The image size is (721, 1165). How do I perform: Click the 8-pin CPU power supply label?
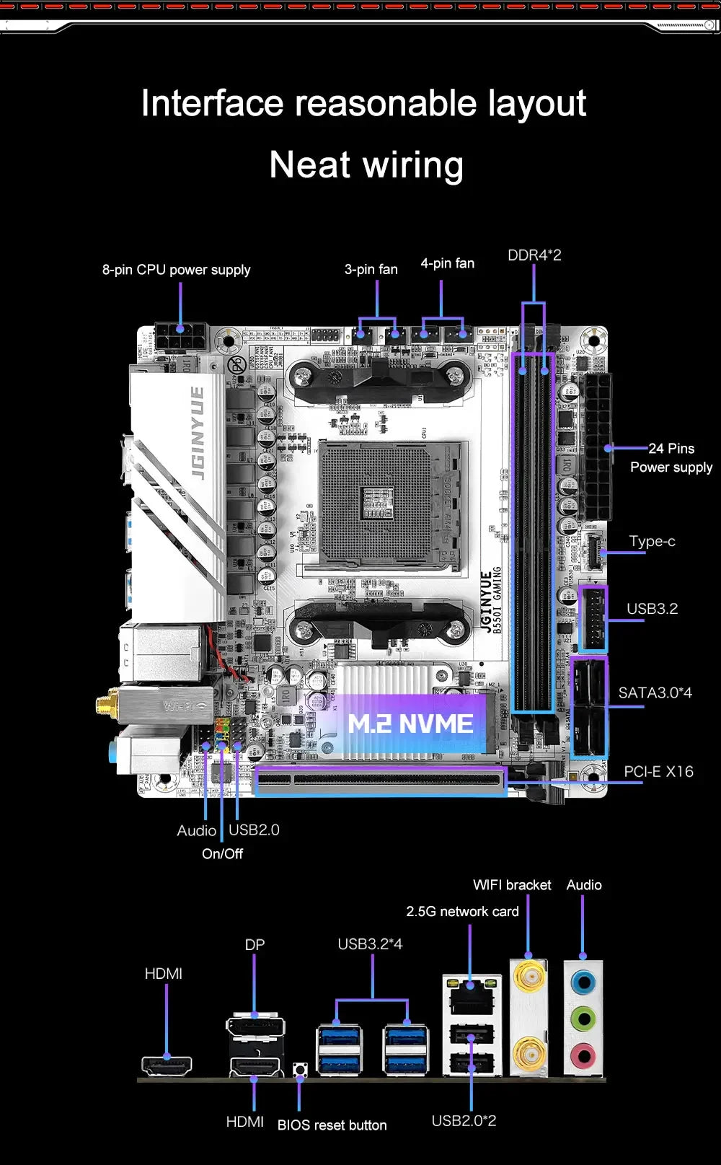(x=176, y=270)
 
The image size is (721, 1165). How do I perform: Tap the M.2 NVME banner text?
(x=410, y=724)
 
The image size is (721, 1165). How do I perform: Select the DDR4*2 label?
(x=534, y=255)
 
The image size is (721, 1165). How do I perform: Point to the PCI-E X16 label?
(x=658, y=772)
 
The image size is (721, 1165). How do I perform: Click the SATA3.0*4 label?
(x=655, y=693)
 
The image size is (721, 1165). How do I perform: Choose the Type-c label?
(x=652, y=541)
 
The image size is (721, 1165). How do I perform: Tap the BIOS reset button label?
(x=332, y=1125)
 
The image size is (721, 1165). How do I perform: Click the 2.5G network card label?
(x=462, y=912)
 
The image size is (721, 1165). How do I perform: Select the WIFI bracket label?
(x=512, y=885)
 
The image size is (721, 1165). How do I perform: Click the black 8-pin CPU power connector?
(x=180, y=338)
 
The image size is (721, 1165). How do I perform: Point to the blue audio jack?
(x=583, y=982)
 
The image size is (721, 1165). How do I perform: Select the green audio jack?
(x=583, y=1019)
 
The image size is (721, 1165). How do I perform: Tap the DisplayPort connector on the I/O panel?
(x=255, y=1027)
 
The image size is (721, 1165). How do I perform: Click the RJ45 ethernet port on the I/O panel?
(x=471, y=996)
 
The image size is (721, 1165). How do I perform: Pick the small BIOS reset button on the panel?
(x=299, y=1069)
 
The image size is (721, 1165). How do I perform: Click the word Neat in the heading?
(x=310, y=165)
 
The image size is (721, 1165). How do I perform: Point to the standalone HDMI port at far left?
(x=167, y=1065)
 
